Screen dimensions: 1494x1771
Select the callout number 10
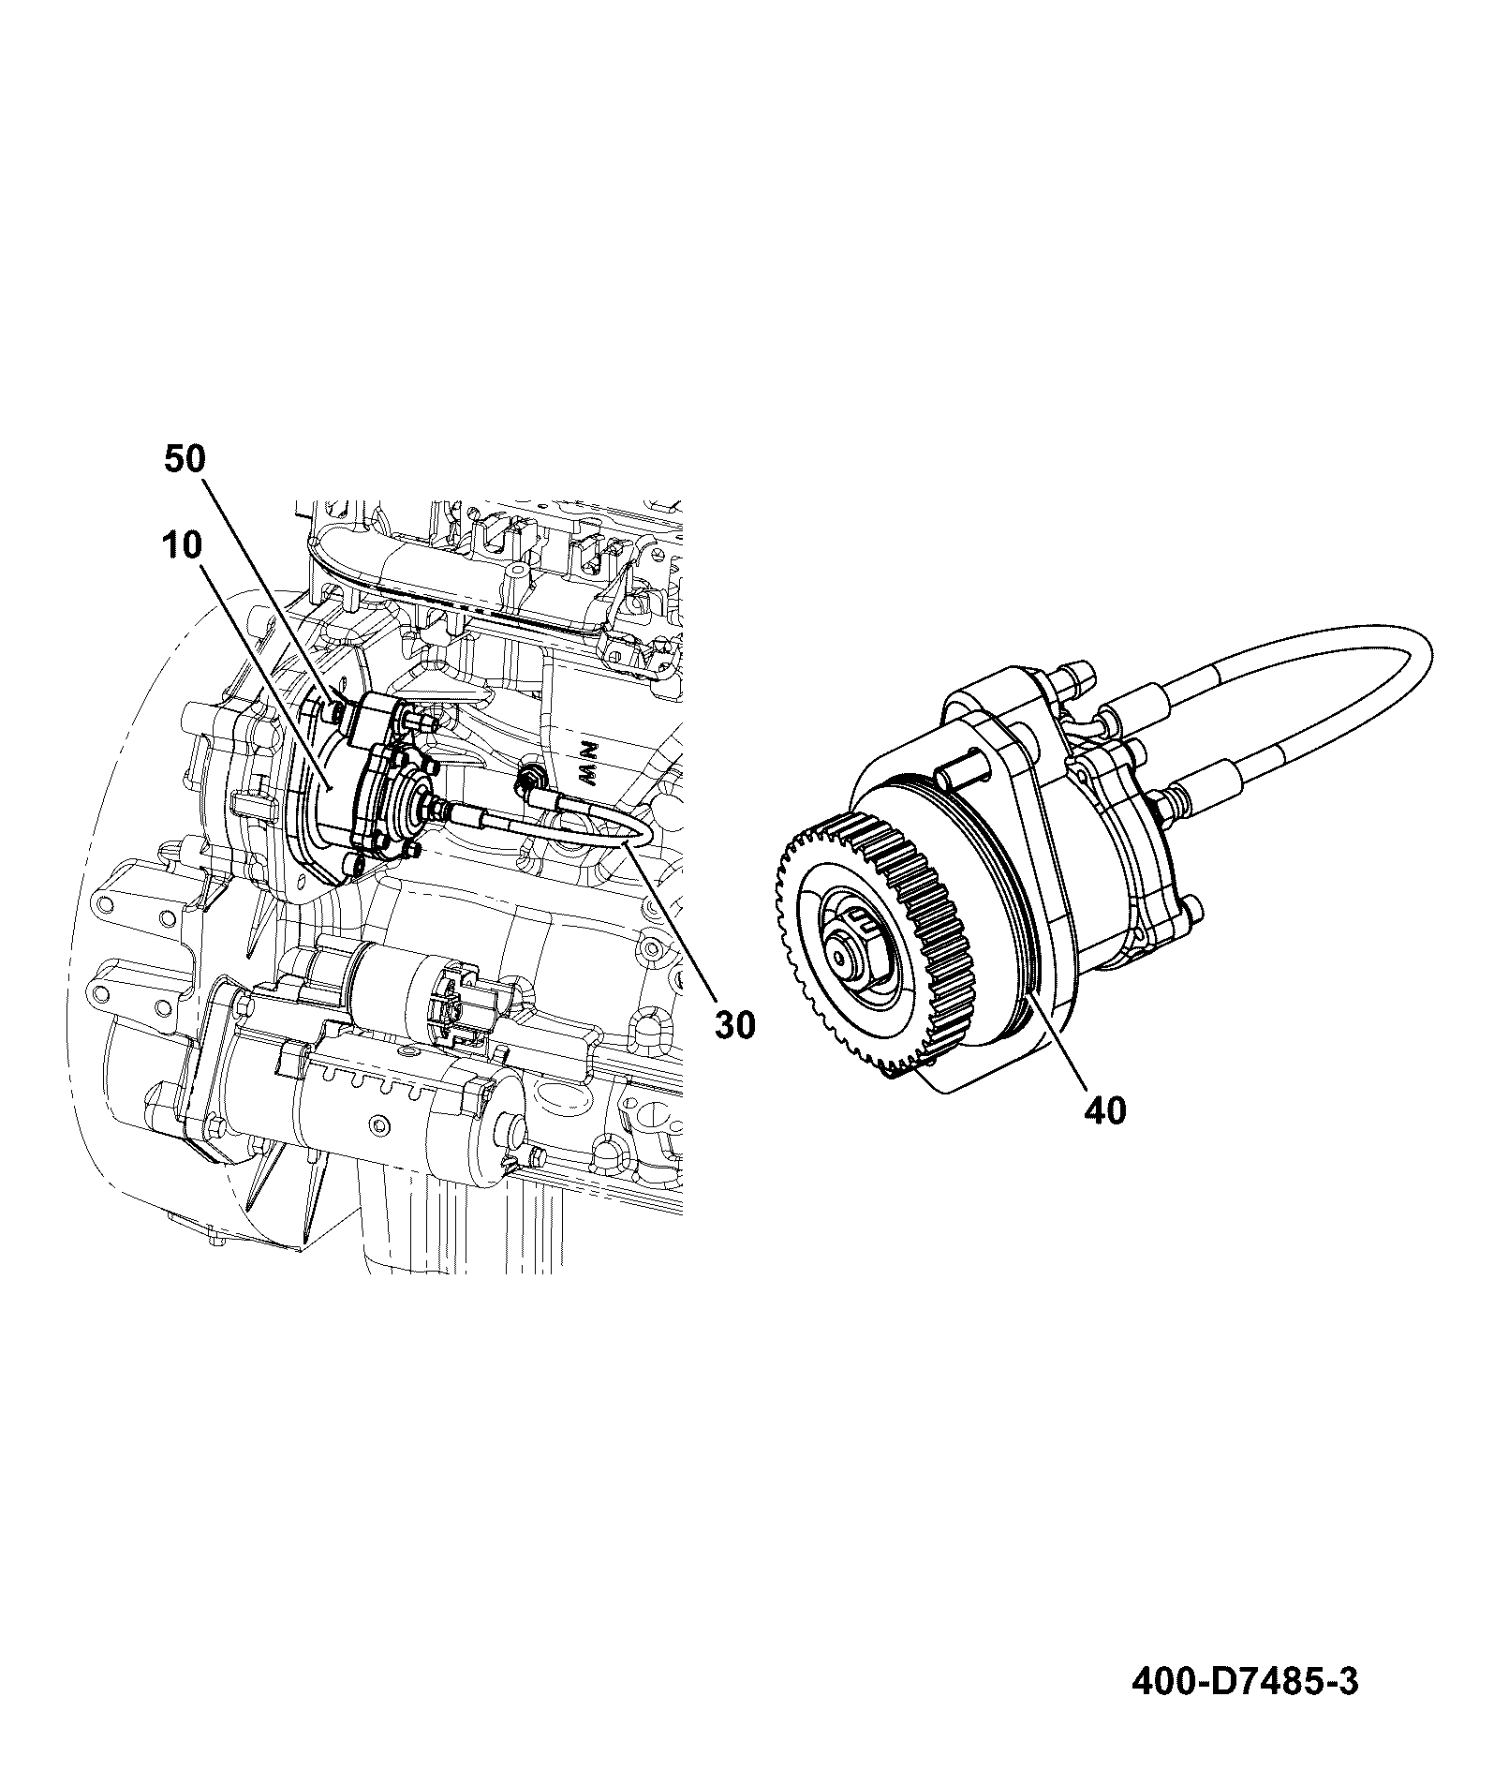180,545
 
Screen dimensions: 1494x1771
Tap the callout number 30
735,1025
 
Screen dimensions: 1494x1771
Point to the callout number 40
1105,1111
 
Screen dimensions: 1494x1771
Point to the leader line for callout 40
1058,1045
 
